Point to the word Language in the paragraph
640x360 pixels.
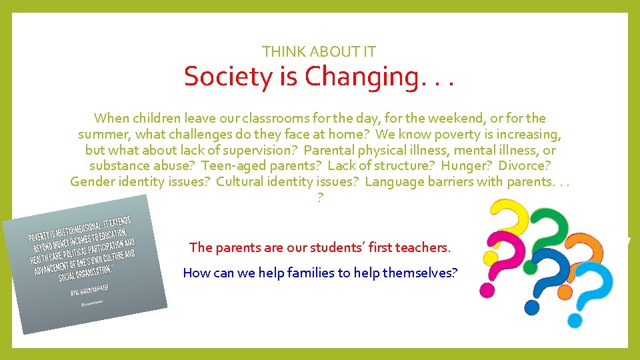click(393, 182)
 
